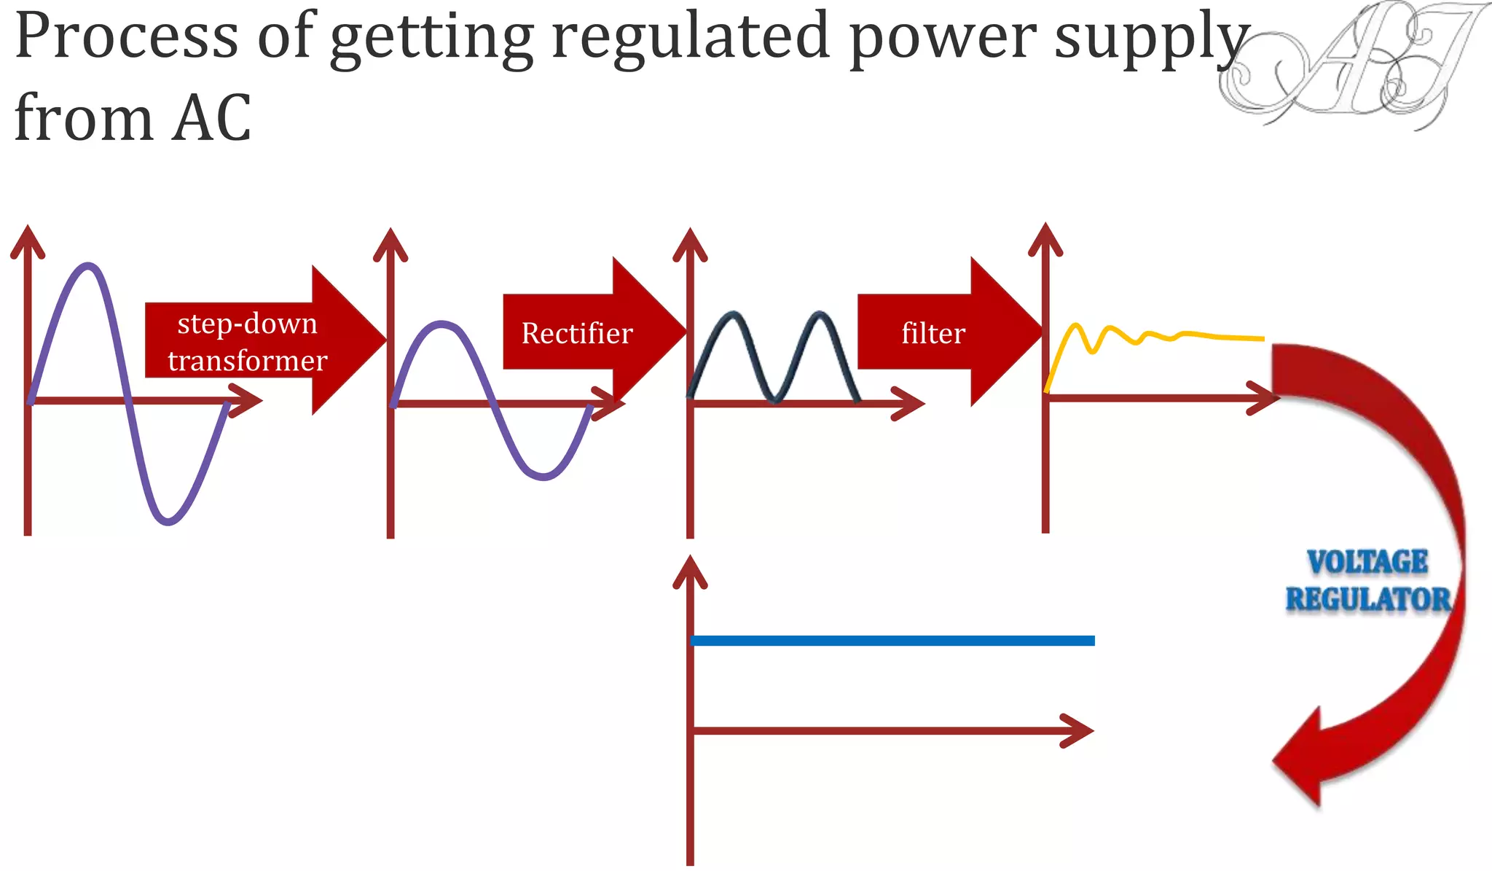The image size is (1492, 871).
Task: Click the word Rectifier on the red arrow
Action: click(577, 334)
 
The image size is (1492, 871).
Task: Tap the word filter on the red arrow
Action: click(933, 334)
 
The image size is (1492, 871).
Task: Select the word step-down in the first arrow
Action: click(247, 324)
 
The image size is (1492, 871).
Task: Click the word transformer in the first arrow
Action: click(247, 361)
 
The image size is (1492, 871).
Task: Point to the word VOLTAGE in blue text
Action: click(1367, 562)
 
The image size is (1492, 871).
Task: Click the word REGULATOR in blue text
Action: click(1367, 600)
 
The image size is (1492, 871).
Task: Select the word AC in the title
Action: click(211, 118)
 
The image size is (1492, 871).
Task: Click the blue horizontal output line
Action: click(892, 641)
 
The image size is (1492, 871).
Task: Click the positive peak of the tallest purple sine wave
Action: click(89, 267)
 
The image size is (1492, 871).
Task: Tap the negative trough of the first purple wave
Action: click(168, 520)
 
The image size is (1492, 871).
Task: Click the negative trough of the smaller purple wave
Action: click(543, 477)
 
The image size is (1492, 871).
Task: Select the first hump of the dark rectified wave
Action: click(732, 316)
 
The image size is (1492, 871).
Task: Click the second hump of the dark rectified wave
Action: click(820, 316)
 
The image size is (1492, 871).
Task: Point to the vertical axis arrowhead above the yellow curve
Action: click(1045, 237)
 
